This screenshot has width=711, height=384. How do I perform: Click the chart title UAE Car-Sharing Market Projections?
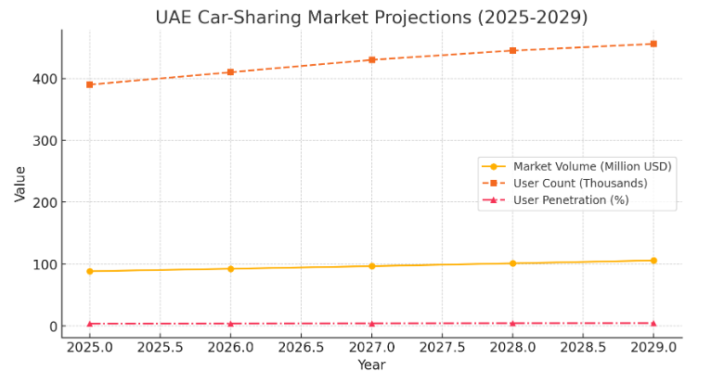coord(371,18)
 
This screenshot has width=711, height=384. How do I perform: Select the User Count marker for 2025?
coord(90,84)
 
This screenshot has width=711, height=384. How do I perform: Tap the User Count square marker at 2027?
coord(371,59)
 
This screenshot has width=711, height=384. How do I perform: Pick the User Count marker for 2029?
coord(653,44)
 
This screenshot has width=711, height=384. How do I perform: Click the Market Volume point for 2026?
coord(231,269)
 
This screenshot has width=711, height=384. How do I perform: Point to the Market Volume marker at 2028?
coord(512,263)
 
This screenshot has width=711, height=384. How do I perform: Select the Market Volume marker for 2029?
coord(653,261)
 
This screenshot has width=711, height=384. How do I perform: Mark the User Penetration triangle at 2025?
coord(90,324)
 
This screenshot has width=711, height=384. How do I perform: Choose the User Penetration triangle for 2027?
coord(371,324)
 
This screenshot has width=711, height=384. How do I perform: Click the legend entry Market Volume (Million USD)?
coord(592,166)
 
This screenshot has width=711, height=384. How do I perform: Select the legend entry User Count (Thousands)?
coord(580,183)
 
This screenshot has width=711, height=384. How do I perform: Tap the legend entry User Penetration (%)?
coord(571,199)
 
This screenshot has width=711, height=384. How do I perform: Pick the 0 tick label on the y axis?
coord(50,326)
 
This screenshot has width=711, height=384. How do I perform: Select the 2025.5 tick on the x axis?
coord(161,347)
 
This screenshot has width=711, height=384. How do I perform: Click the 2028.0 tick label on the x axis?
coord(512,347)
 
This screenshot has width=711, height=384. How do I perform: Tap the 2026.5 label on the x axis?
coord(301,347)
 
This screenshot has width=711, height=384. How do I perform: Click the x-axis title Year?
coord(371,365)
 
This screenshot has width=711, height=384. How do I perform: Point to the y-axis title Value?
coord(20,184)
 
